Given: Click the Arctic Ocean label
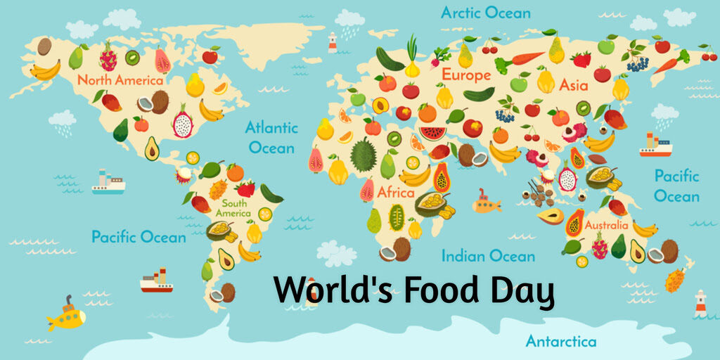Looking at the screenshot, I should [485, 13].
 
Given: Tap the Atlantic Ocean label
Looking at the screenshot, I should [271, 138].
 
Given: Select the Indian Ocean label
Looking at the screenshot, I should [488, 256].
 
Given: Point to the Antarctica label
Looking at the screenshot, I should [560, 342].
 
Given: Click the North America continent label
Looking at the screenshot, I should [120, 79].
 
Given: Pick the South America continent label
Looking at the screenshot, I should [233, 208].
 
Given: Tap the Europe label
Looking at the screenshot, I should [465, 75].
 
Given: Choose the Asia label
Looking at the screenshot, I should [574, 85].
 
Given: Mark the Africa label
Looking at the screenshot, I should [396, 192].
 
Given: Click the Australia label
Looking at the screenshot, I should [606, 226].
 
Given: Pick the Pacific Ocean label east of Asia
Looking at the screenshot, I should [676, 186].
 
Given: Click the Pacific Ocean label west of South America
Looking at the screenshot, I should [139, 236].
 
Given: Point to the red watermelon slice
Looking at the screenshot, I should [433, 131].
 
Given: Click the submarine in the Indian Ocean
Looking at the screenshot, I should [486, 203].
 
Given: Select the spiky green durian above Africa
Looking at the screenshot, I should [364, 155].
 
